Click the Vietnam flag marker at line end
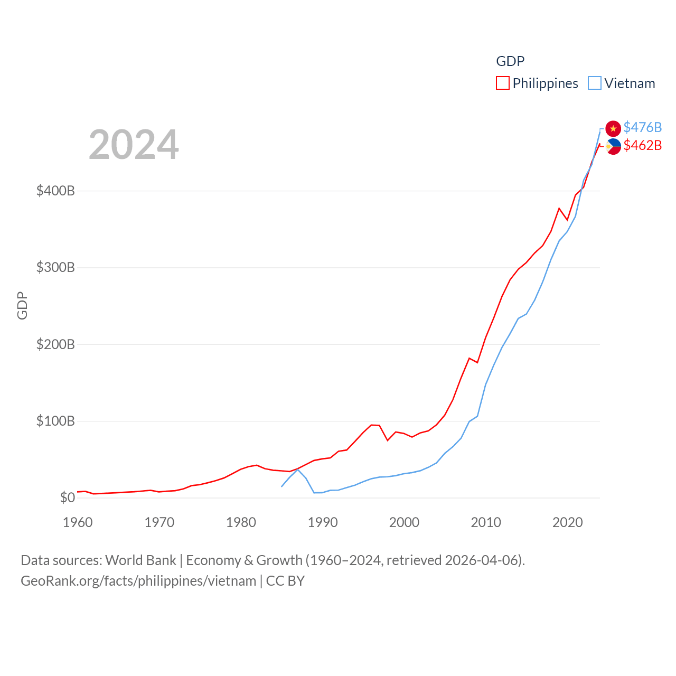pyautogui.click(x=613, y=128)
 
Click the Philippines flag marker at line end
pyautogui.click(x=613, y=146)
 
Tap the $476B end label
pyautogui.click(x=642, y=127)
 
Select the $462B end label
pyautogui.click(x=642, y=145)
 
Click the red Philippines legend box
pyautogui.click(x=503, y=83)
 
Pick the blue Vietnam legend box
pyautogui.click(x=595, y=83)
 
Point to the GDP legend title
pyautogui.click(x=510, y=61)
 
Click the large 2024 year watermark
pyautogui.click(x=134, y=144)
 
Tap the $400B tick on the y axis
pyautogui.click(x=55, y=191)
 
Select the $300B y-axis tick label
pyautogui.click(x=55, y=267)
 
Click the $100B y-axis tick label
pyautogui.click(x=55, y=421)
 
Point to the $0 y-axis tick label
pyautogui.click(x=67, y=497)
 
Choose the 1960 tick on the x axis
pyautogui.click(x=78, y=522)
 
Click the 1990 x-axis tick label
pyautogui.click(x=323, y=522)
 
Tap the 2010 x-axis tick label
pyautogui.click(x=486, y=522)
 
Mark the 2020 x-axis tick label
pyautogui.click(x=568, y=522)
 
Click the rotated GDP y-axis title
pyautogui.click(x=22, y=305)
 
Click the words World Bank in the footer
pyautogui.click(x=140, y=560)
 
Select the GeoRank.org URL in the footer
pyautogui.click(x=138, y=581)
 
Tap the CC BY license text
pyautogui.click(x=285, y=581)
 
